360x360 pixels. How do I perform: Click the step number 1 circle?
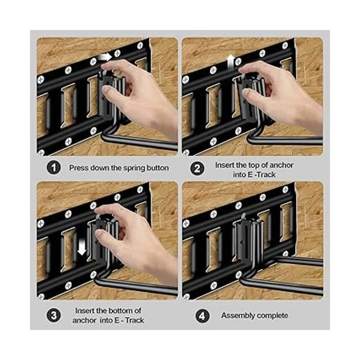point(54,168)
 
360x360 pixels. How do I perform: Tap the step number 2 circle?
point(197,168)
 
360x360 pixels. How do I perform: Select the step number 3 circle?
point(54,316)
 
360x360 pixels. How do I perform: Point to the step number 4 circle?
point(202,316)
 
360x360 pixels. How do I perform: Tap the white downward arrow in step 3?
point(82,249)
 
